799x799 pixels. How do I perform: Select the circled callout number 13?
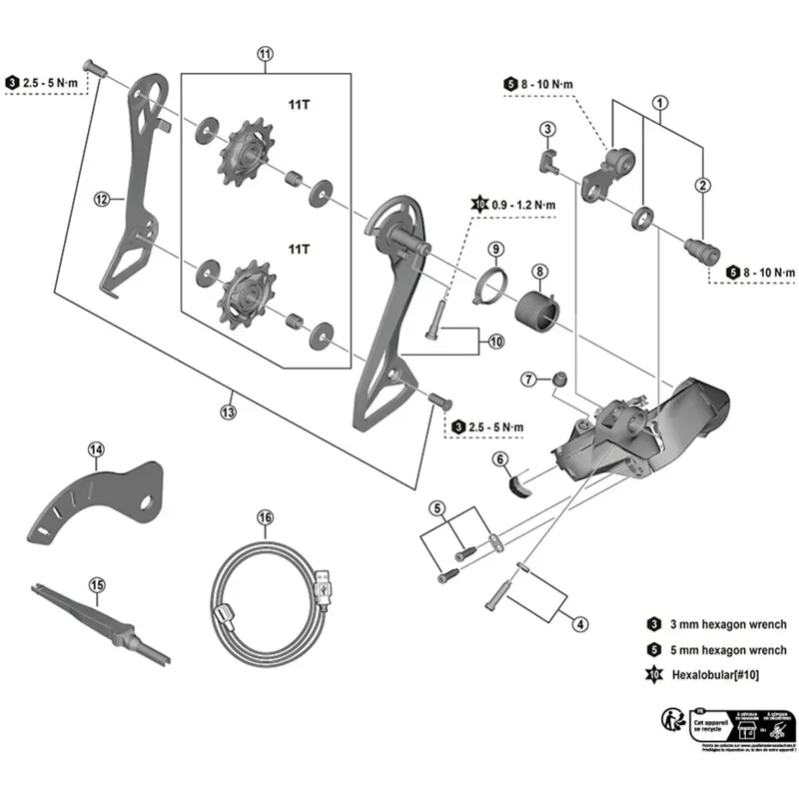tap(229, 411)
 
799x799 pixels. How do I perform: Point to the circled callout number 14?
tap(95, 449)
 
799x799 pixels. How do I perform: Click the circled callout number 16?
tap(265, 517)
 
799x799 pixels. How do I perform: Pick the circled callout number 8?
tap(538, 271)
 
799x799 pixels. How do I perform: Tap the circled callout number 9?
tap(496, 248)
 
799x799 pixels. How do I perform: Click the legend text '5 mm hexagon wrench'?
tap(729, 650)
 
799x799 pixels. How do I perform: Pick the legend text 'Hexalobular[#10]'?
tap(715, 676)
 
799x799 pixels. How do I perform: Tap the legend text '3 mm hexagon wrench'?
tap(729, 624)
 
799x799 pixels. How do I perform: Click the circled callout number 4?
tap(578, 625)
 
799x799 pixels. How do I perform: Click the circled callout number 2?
tap(703, 185)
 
